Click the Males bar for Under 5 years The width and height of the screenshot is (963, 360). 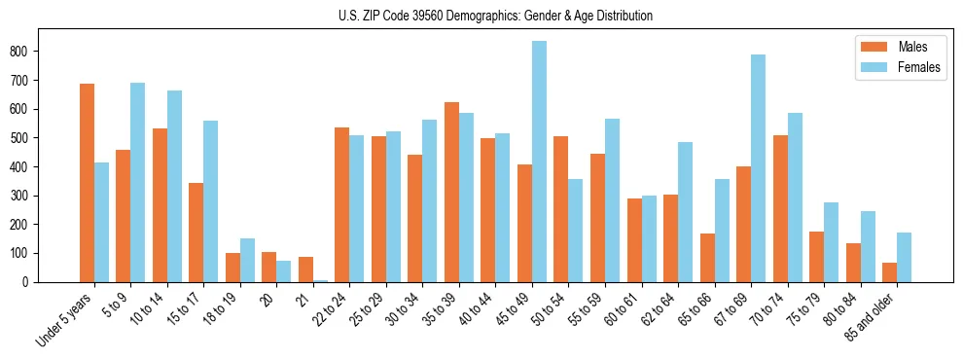tap(87, 183)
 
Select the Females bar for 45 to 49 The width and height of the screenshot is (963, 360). tap(539, 162)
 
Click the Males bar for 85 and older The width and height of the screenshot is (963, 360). tap(889, 272)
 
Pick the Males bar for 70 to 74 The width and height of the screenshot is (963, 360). tap(780, 208)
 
